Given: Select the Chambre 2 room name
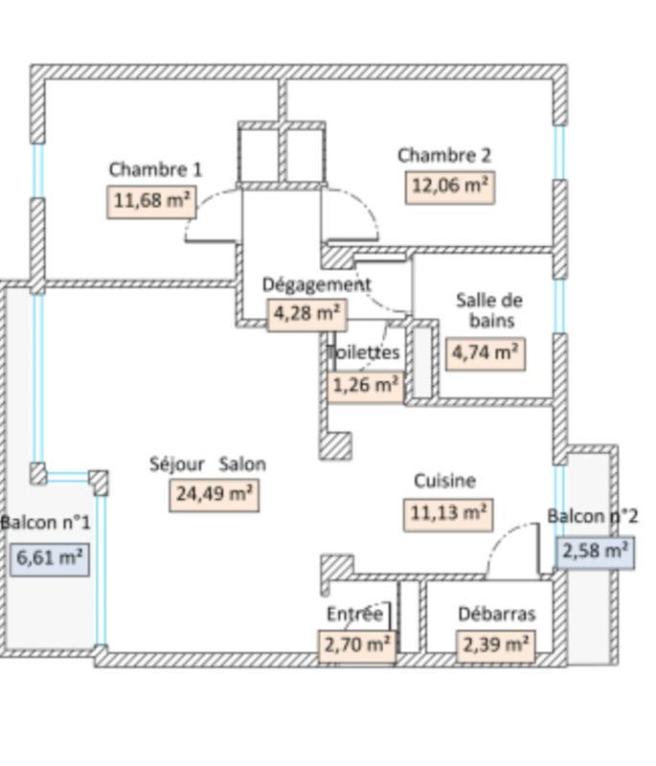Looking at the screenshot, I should click(x=444, y=155).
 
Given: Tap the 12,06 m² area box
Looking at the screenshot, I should click(x=450, y=186).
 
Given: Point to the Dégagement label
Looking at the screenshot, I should click(x=316, y=284).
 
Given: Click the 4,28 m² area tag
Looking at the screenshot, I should click(x=306, y=313).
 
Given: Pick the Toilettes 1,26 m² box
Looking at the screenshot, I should click(x=365, y=385).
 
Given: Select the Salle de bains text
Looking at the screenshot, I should click(x=488, y=309).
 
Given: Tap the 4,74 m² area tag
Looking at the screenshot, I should click(x=486, y=351).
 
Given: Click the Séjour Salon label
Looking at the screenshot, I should click(x=208, y=464).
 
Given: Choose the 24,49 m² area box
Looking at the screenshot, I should click(x=215, y=494).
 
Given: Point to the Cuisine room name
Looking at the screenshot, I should click(x=444, y=481).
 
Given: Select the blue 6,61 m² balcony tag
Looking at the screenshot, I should click(x=50, y=557).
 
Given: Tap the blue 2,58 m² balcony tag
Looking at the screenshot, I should click(x=596, y=551).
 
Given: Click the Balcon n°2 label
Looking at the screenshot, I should click(x=593, y=516).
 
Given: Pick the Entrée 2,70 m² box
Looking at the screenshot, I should click(x=356, y=644).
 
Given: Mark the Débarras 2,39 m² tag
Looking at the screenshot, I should click(x=496, y=644).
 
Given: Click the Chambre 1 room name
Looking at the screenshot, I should click(x=155, y=169).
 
